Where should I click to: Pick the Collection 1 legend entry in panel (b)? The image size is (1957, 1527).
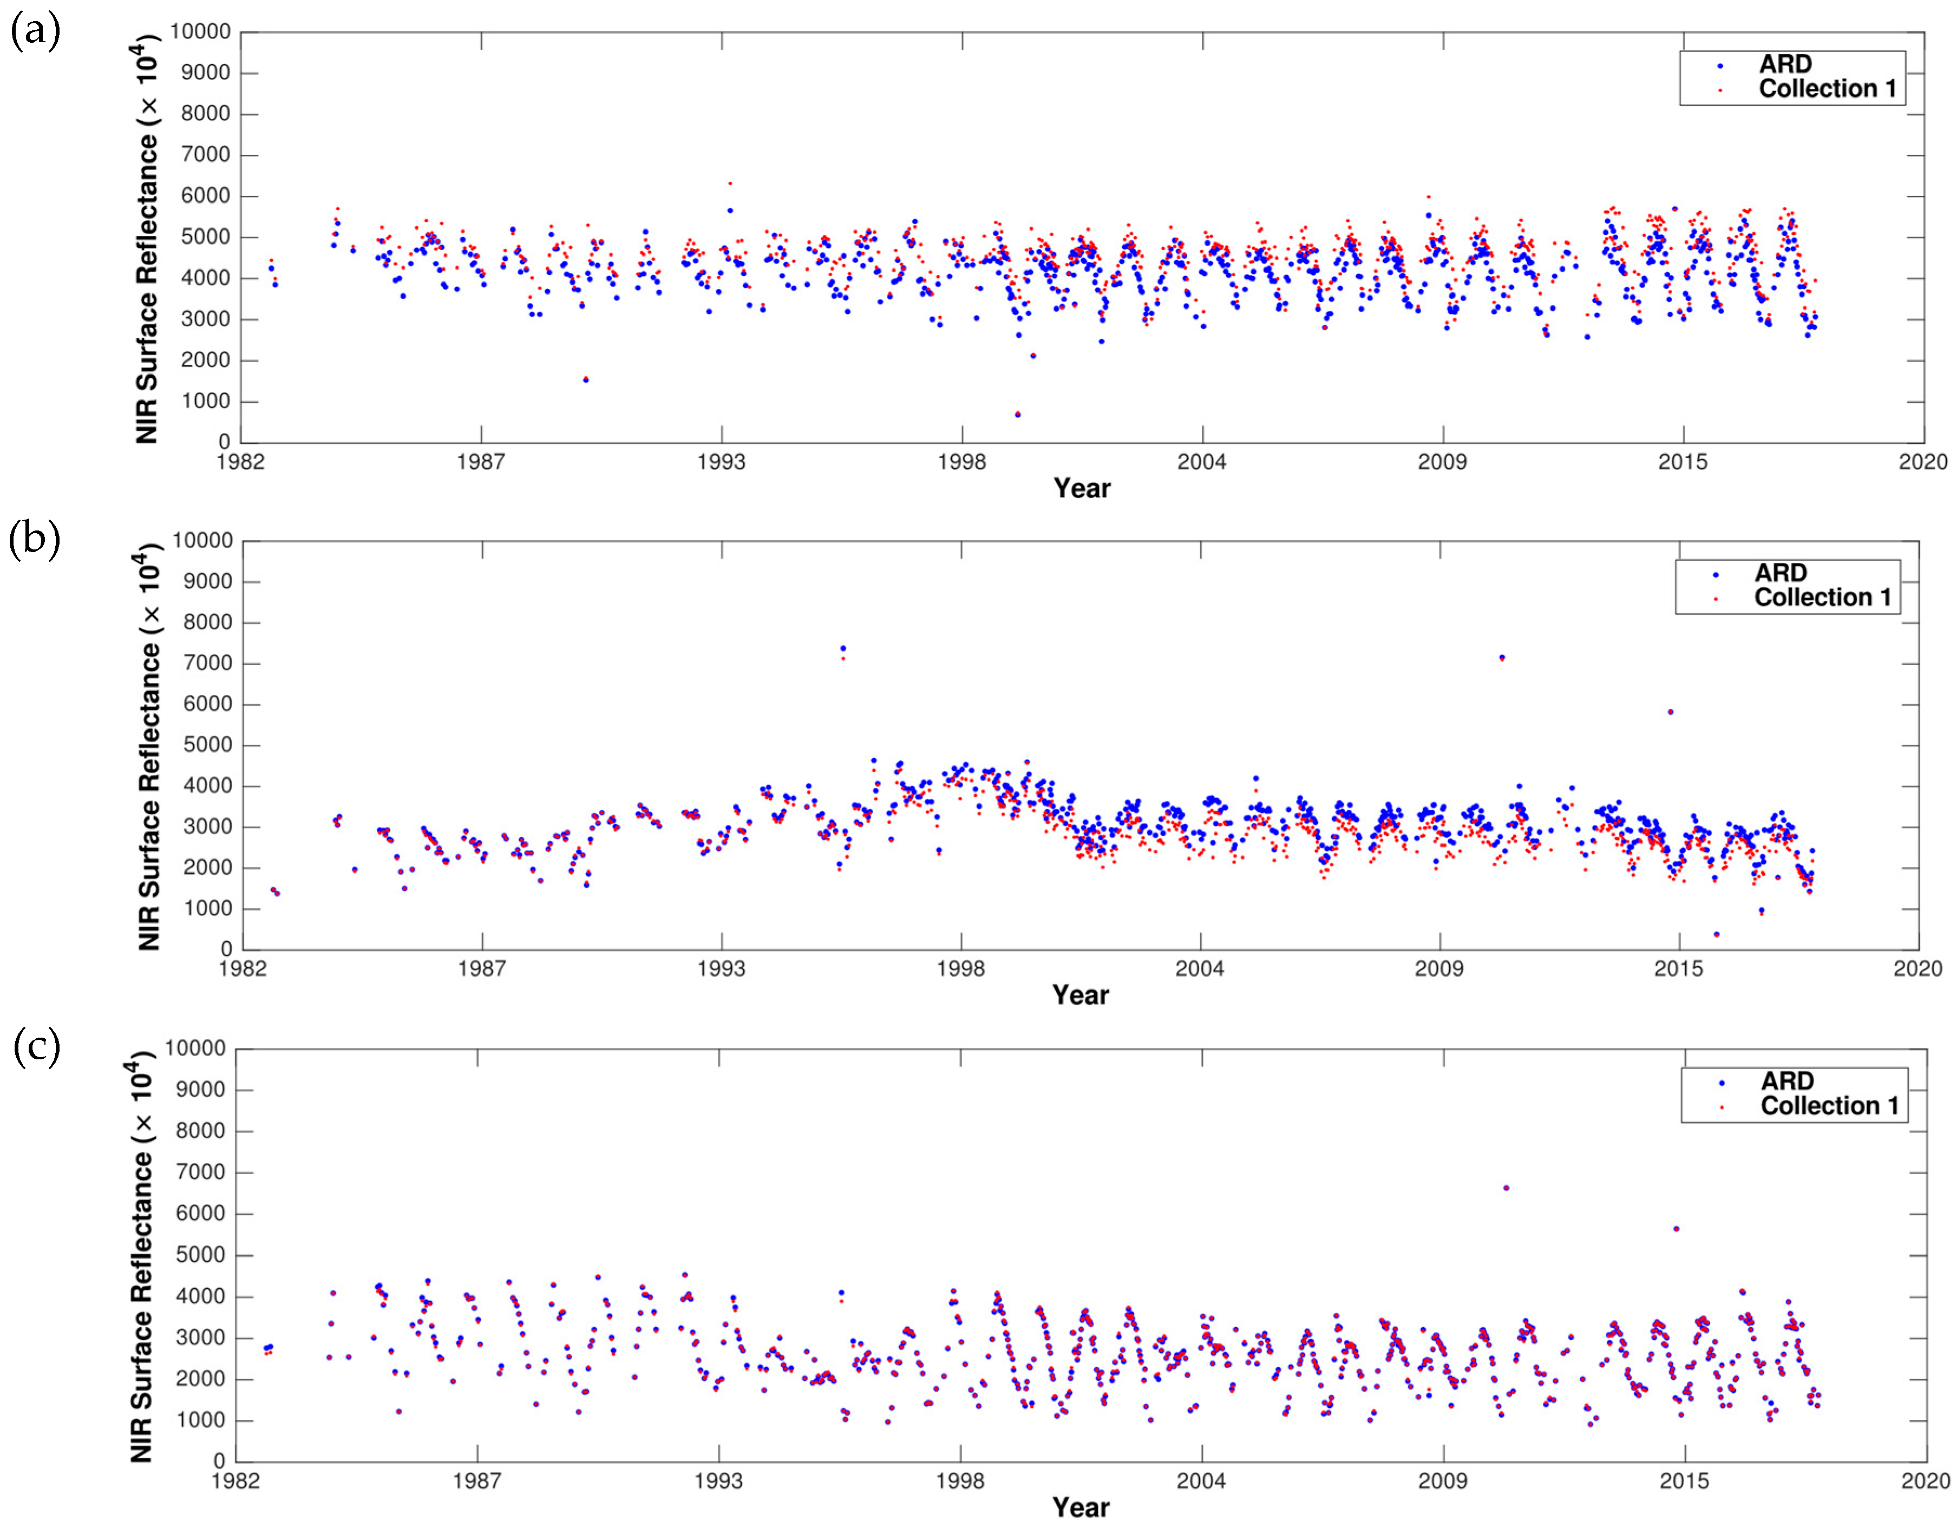coord(1821,598)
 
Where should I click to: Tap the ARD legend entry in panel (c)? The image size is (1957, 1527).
coord(1786,1082)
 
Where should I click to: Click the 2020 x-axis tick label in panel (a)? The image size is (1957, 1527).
coord(1923,462)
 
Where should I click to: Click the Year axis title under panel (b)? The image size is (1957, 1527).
coord(1080,995)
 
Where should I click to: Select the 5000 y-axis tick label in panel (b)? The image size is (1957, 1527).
coord(208,745)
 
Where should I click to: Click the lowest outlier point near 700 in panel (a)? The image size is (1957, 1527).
coord(1017,414)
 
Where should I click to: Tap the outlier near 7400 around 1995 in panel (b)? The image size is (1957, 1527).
coord(842,648)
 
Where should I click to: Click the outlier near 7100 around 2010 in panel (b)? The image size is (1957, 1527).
coord(1502,658)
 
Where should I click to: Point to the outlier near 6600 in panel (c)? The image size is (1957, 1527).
coord(1506,1188)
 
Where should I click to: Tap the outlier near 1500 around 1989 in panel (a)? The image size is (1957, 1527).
coord(585,379)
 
